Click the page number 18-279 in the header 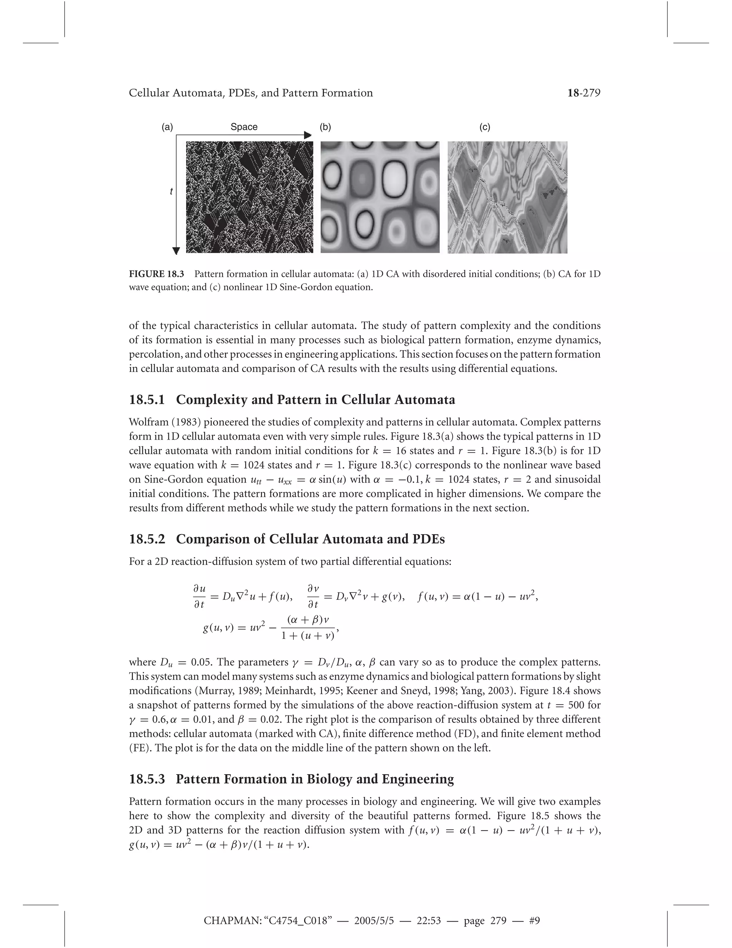pyautogui.click(x=584, y=93)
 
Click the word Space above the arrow pyautogui.click(x=244, y=127)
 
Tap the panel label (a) pyautogui.click(x=167, y=127)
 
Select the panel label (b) pyautogui.click(x=325, y=127)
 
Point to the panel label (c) pyautogui.click(x=485, y=127)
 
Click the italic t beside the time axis pyautogui.click(x=171, y=191)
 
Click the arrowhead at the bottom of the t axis pyautogui.click(x=176, y=251)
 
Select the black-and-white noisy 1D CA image pyautogui.click(x=249, y=197)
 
